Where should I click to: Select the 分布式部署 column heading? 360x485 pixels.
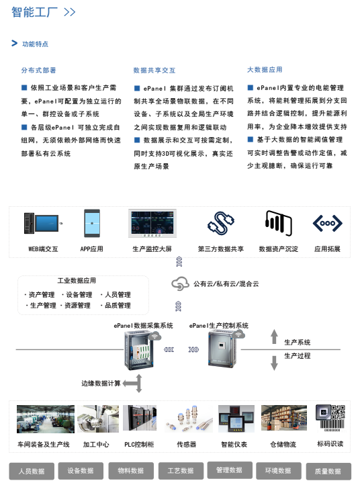[x=39, y=71]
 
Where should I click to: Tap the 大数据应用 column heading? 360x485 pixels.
[x=265, y=70]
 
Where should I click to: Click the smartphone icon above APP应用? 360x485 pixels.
[x=92, y=223]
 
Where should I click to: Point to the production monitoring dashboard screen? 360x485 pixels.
[x=152, y=223]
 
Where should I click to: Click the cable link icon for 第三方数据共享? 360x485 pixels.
[x=221, y=223]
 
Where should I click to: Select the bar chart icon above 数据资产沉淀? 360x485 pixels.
[x=279, y=223]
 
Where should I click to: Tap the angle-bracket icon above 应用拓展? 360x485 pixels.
[x=328, y=223]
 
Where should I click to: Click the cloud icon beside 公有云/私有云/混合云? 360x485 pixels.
[x=180, y=283]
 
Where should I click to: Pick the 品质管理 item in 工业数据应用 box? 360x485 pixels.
[x=118, y=306]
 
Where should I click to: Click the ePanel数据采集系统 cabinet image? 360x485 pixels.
[x=140, y=350]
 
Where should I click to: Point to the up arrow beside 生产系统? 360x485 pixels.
[x=274, y=337]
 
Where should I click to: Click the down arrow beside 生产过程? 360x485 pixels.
[x=274, y=363]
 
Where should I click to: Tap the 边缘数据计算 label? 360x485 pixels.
[x=101, y=384]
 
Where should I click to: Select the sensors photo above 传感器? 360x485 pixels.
[x=188, y=419]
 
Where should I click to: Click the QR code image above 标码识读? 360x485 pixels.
[x=330, y=418]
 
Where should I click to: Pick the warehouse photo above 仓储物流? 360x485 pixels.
[x=284, y=418]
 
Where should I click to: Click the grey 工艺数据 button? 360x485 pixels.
[x=181, y=471]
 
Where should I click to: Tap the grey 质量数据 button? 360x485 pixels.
[x=328, y=472]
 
